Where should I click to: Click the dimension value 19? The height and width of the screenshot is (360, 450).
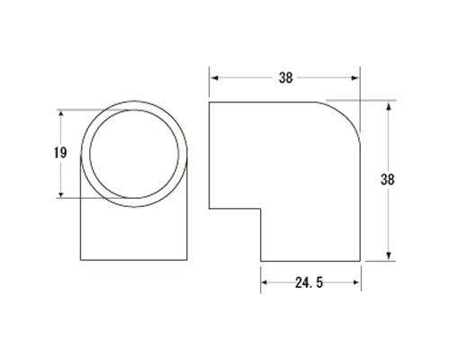coord(60,153)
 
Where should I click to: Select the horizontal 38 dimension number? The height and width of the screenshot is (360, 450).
coord(285,77)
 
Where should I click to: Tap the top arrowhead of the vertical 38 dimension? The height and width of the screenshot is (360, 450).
coord(390,104)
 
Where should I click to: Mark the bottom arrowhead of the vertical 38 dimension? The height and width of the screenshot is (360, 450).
coord(390,258)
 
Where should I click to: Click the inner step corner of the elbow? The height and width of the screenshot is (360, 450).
coord(261,210)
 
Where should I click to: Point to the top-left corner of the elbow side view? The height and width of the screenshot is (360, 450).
coord(209,102)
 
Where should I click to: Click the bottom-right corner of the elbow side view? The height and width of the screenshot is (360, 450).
coord(361,261)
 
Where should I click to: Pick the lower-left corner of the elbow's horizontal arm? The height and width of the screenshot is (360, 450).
coord(209,210)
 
